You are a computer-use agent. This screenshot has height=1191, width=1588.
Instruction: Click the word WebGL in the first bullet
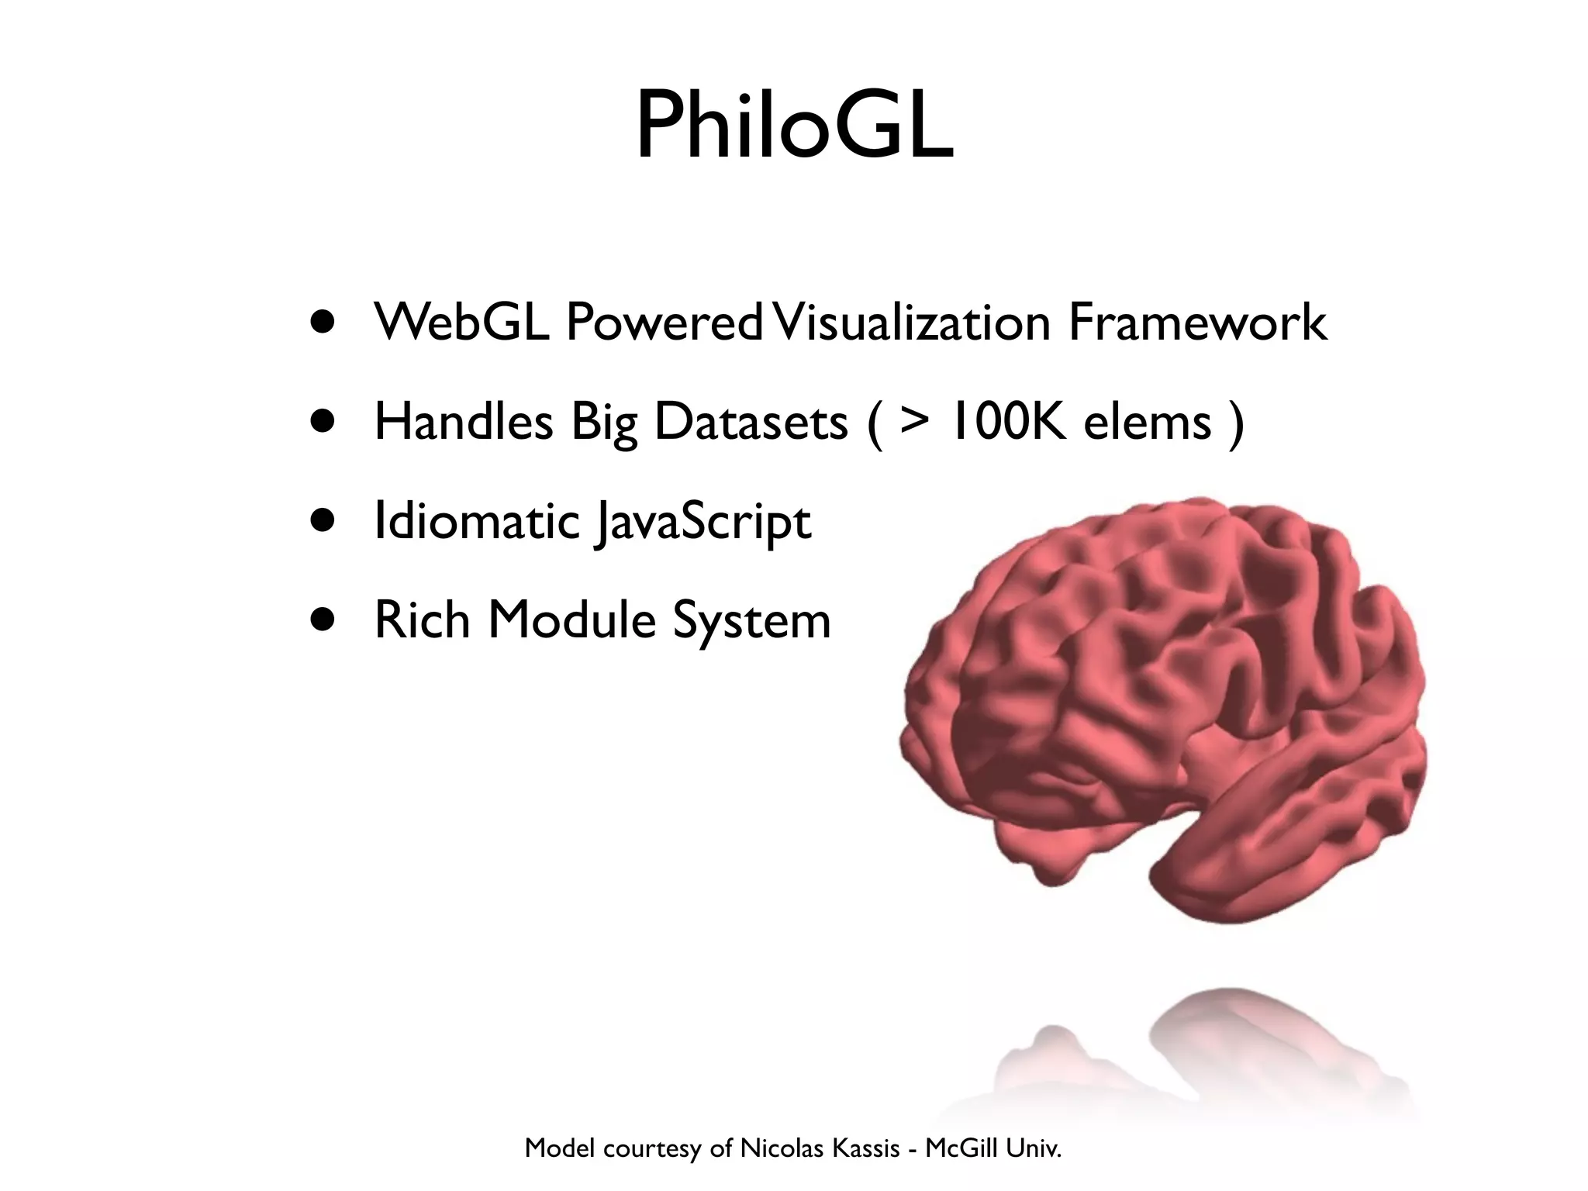pos(462,323)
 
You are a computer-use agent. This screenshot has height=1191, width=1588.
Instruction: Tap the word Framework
pos(1197,323)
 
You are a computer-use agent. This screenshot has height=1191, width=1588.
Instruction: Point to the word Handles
pos(464,422)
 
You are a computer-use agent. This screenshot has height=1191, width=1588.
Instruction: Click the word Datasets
pos(751,422)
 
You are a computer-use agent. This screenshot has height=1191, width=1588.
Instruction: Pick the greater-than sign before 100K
pos(915,422)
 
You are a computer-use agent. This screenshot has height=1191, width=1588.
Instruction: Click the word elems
pos(1148,422)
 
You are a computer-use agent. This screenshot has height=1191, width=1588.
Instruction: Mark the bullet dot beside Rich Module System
pos(323,620)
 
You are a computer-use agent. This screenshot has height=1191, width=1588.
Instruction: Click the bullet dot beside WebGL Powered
pos(323,323)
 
